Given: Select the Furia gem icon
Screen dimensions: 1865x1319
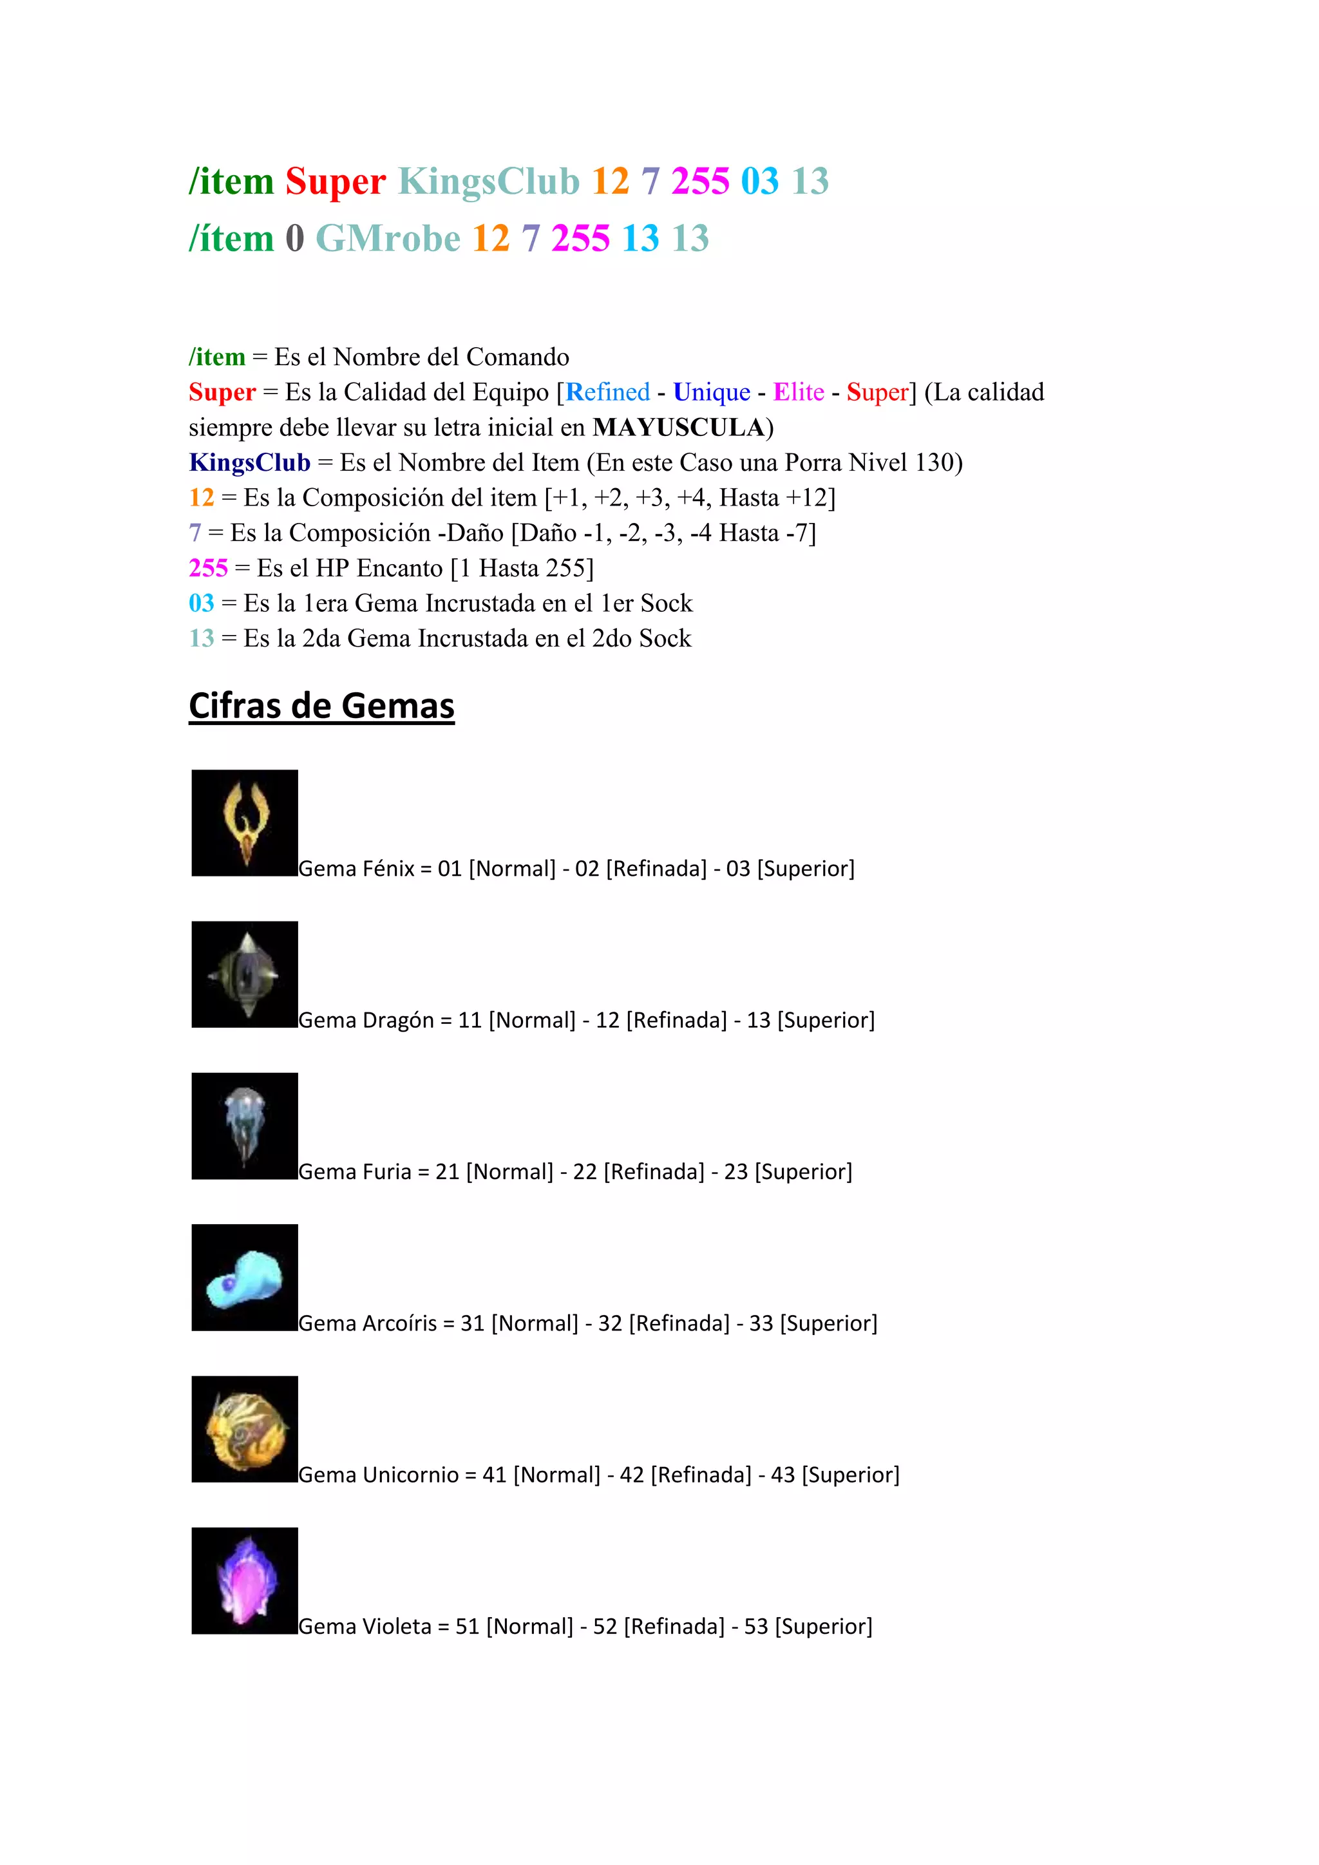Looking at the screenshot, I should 245,1126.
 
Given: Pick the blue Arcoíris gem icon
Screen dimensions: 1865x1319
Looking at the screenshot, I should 245,1277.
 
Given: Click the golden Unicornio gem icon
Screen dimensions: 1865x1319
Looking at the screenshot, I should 245,1429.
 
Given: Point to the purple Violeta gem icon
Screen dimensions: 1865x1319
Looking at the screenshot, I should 245,1581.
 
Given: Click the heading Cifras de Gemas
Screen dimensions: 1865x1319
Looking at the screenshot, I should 321,705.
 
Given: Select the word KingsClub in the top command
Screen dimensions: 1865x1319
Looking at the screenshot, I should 488,180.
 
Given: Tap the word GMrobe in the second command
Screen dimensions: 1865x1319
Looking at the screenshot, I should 388,238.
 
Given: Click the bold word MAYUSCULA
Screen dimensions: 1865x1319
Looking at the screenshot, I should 678,427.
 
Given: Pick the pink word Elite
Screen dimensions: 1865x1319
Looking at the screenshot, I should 799,392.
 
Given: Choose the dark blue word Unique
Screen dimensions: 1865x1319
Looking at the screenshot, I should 712,392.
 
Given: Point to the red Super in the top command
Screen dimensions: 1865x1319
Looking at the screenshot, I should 336,180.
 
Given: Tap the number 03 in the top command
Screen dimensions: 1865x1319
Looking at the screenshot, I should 759,180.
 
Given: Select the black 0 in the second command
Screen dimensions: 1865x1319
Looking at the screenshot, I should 294,238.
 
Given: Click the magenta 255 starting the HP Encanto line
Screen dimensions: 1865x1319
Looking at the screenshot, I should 208,568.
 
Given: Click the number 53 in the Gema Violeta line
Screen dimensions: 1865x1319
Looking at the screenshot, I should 755,1626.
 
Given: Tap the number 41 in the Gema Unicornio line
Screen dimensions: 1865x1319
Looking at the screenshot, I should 494,1474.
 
